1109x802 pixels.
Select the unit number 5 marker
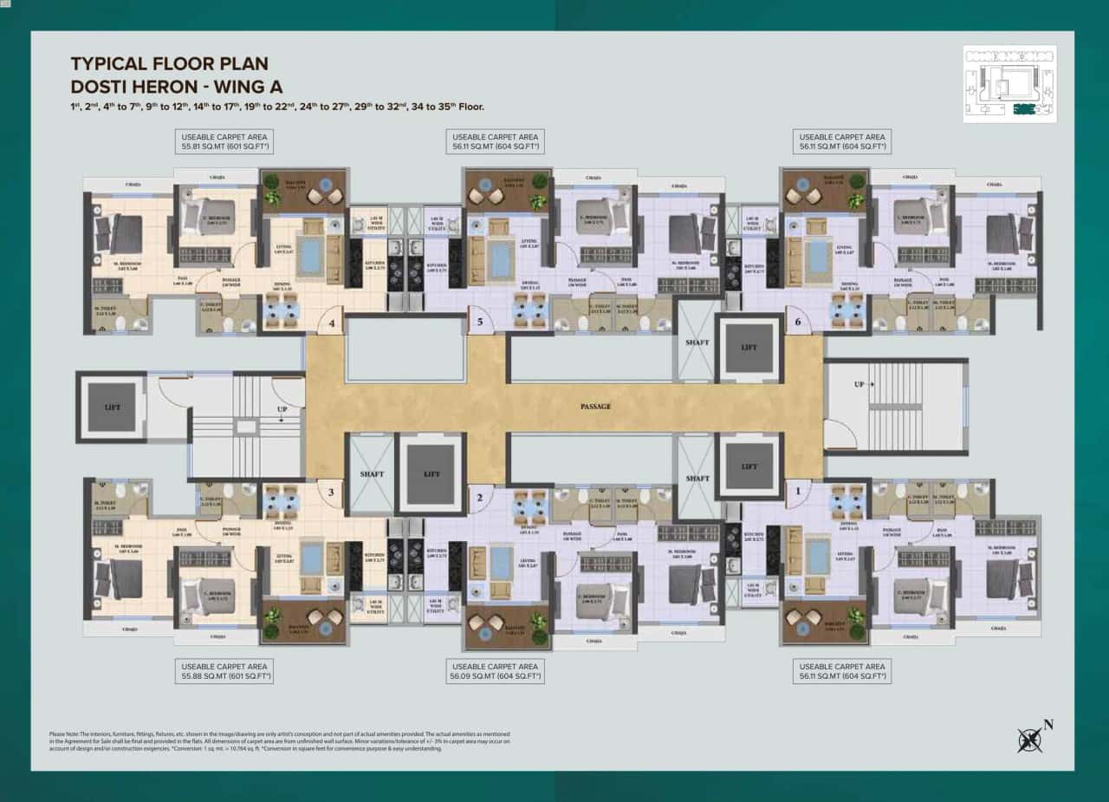[x=480, y=324]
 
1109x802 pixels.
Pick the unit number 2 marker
[x=478, y=497]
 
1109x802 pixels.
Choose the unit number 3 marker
[x=328, y=492]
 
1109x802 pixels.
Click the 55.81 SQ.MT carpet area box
[x=224, y=142]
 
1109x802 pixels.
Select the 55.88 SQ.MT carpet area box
[x=224, y=670]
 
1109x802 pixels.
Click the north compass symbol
[x=1032, y=738]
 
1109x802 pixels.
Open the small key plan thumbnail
[x=1010, y=84]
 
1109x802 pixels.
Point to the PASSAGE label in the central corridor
[x=595, y=406]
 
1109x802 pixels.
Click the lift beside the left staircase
[x=111, y=407]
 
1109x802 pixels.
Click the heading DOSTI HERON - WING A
[x=177, y=85]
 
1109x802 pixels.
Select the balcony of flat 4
[x=303, y=192]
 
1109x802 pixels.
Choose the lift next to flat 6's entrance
[x=749, y=348]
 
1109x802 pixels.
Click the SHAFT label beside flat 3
[x=372, y=474]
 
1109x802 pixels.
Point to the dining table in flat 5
[x=526, y=310]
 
